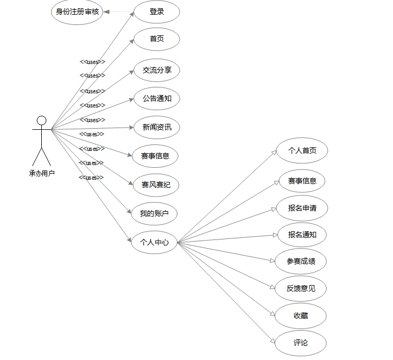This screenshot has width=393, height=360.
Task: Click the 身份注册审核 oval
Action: click(77, 11)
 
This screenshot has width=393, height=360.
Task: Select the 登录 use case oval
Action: click(156, 11)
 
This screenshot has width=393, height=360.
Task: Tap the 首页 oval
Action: click(156, 39)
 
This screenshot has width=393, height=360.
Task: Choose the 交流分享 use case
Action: click(156, 70)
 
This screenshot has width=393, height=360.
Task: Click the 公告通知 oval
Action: click(156, 99)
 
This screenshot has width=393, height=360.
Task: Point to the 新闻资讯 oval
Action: click(156, 128)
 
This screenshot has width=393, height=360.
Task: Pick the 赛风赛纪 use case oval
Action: click(155, 185)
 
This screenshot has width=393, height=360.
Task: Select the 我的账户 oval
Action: click(154, 214)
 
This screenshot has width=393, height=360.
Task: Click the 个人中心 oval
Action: click(154, 242)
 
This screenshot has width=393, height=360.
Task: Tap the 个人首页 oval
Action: click(302, 150)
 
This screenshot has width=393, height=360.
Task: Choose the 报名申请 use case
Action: click(302, 208)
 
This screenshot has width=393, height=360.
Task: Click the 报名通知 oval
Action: click(302, 235)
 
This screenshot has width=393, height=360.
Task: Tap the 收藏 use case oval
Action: click(301, 316)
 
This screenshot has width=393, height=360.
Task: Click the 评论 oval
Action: click(301, 343)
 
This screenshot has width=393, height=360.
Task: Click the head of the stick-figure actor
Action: click(41, 121)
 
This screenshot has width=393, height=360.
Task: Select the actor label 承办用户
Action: click(42, 174)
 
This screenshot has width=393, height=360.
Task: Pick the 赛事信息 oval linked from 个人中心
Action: click(302, 181)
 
